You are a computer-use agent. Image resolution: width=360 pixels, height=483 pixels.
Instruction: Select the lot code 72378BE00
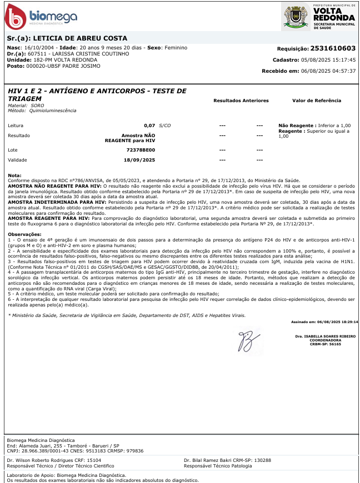click(x=141, y=150)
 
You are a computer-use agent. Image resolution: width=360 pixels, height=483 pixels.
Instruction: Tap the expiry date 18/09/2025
click(x=139, y=160)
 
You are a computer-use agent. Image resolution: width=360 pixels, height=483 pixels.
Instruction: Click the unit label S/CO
click(x=165, y=126)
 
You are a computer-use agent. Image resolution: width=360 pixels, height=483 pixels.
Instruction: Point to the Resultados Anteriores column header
click(x=241, y=100)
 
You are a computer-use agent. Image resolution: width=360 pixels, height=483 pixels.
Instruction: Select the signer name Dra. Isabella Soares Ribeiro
click(x=326, y=336)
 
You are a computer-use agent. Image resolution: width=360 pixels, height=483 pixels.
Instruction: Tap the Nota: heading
click(x=15, y=175)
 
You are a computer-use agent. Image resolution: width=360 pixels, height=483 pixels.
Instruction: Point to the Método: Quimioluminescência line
click(x=42, y=110)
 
